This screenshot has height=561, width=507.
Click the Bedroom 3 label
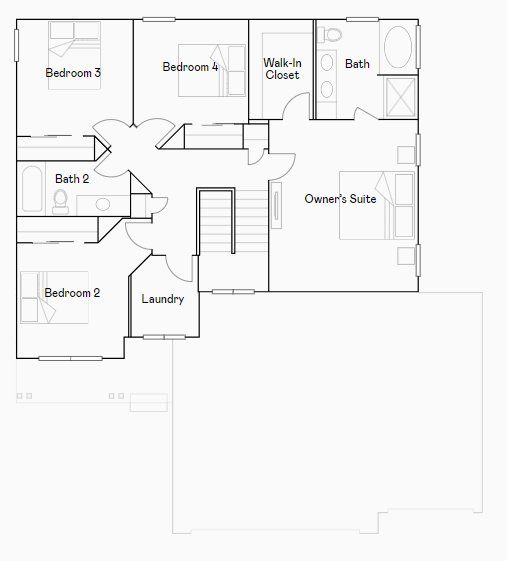coord(73,73)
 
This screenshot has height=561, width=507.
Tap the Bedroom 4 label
coord(190,67)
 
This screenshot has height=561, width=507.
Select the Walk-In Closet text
coord(282,69)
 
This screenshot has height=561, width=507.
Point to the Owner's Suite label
coord(340,199)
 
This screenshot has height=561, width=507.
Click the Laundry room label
coord(163,299)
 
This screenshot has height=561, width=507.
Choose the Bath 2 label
coord(72,179)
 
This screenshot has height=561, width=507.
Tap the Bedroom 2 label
coord(72,293)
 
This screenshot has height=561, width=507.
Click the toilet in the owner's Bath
coord(330,34)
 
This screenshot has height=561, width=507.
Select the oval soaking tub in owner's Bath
coord(398,47)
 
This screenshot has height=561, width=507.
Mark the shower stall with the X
coord(401,98)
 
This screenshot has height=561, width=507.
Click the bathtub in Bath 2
coord(32,189)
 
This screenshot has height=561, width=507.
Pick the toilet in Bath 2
coord(60,202)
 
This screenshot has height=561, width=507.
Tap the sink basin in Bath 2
coord(103,204)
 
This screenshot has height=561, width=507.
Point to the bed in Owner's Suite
coord(377,205)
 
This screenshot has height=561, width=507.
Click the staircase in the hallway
coord(233,221)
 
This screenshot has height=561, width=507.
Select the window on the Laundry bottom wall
coord(164,337)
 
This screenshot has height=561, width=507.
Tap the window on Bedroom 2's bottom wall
coord(70,358)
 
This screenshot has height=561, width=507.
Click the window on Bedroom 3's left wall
coord(16,45)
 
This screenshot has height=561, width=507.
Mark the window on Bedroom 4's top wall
coord(159,19)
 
